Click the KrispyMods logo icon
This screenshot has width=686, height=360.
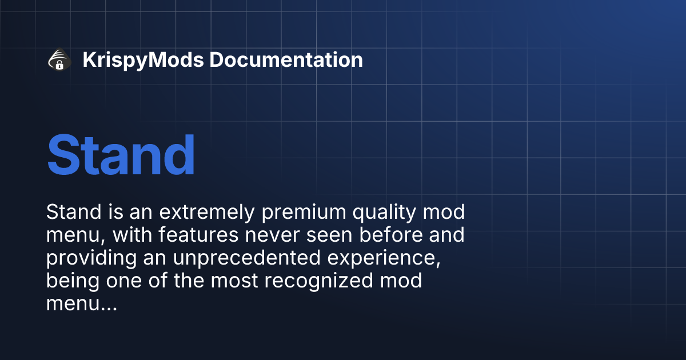(x=59, y=60)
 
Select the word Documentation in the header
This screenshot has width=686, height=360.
(x=286, y=60)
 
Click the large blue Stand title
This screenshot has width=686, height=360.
(x=121, y=155)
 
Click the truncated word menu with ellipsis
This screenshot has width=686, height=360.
(x=81, y=305)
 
